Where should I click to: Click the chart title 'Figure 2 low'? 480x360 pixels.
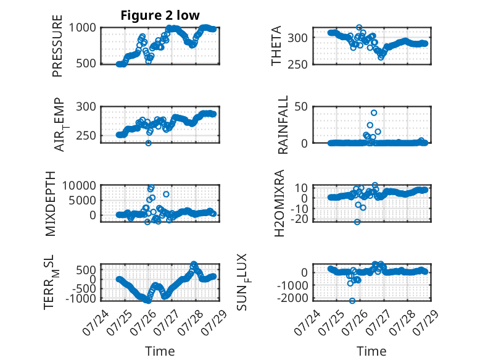click(160, 15)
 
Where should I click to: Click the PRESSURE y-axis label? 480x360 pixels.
click(57, 46)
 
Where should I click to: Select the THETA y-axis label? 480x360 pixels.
click(276, 46)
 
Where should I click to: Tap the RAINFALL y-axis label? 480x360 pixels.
click(283, 125)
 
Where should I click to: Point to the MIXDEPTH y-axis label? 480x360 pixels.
click(51, 204)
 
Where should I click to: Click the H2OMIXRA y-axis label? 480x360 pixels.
click(279, 203)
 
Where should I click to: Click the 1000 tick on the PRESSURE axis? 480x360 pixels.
click(82, 28)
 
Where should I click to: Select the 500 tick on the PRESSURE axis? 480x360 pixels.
click(86, 64)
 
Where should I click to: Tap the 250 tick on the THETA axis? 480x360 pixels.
click(297, 64)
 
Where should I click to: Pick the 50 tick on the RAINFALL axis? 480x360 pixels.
click(301, 107)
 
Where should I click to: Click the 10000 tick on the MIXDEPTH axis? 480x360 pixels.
click(80, 185)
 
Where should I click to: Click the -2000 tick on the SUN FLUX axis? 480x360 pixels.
click(292, 298)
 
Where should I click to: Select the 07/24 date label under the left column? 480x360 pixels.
click(96, 322)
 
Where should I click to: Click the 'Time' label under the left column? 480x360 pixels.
click(160, 351)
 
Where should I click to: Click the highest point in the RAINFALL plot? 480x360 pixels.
click(374, 113)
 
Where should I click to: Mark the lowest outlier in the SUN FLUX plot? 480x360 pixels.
click(352, 301)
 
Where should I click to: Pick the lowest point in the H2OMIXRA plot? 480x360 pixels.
click(357, 222)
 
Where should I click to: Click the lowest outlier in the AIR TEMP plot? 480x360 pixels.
click(149, 143)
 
